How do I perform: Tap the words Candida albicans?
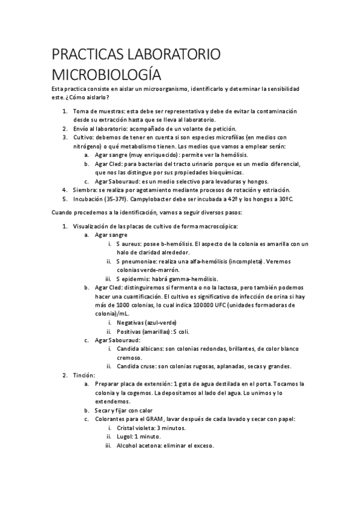[x=142, y=348]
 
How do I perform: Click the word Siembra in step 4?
[x=85, y=190]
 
